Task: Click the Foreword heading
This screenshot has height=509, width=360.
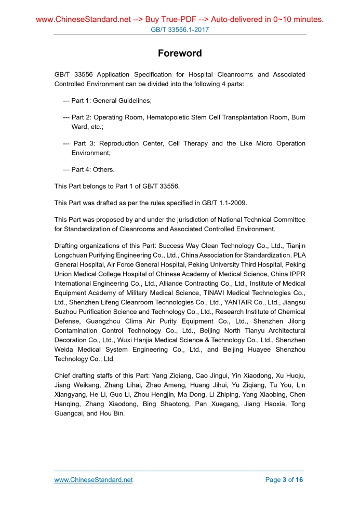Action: (x=180, y=53)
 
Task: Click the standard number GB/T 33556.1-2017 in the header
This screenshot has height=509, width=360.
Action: (x=180, y=30)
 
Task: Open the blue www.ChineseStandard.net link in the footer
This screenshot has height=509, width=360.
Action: (x=94, y=480)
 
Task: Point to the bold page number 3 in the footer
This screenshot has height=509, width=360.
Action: (x=284, y=480)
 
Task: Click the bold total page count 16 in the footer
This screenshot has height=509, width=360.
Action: (x=299, y=480)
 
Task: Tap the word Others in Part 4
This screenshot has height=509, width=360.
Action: (x=104, y=169)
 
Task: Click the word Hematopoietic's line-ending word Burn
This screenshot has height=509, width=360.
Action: (x=298, y=117)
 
